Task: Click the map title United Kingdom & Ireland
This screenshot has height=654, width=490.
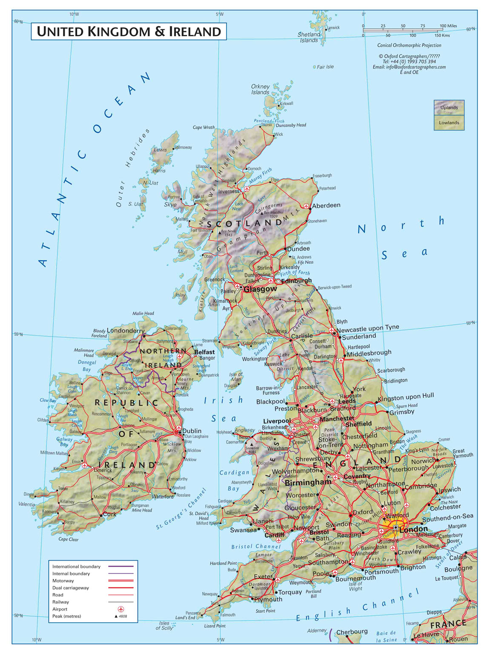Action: pos(129,32)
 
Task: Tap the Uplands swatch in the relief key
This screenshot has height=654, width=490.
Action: pos(449,107)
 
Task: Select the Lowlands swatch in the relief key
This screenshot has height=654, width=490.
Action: pos(449,123)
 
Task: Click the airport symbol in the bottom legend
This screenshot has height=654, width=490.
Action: pos(121,609)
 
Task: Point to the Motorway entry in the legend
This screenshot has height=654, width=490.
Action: pos(63,581)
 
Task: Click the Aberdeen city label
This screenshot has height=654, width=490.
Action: pos(326,205)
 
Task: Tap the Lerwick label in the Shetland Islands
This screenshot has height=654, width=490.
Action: pos(333,28)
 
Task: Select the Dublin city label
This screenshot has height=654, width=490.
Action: pos(192,431)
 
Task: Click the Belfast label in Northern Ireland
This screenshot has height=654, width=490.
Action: pos(205,352)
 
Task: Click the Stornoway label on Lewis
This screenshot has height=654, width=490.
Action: pos(183,147)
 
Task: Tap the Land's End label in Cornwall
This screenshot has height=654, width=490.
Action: pos(185,617)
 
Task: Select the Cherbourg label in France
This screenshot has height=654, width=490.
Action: pos(352,632)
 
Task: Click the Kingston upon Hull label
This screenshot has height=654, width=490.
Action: pos(406,397)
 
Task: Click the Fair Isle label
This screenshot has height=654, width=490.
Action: pos(325,67)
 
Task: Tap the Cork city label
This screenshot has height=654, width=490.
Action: pos(110,514)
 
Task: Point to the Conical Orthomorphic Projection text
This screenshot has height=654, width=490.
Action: pos(409,45)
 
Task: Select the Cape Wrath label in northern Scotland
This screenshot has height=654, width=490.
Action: pos(204,127)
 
